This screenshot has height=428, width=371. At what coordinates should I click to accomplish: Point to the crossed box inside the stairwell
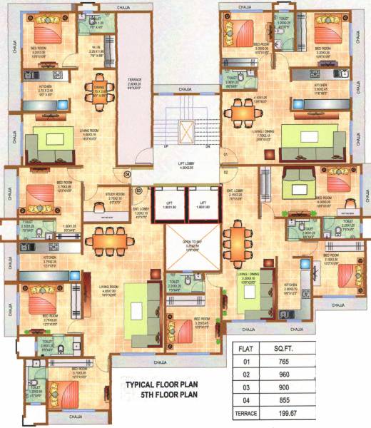click(x=188, y=131)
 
